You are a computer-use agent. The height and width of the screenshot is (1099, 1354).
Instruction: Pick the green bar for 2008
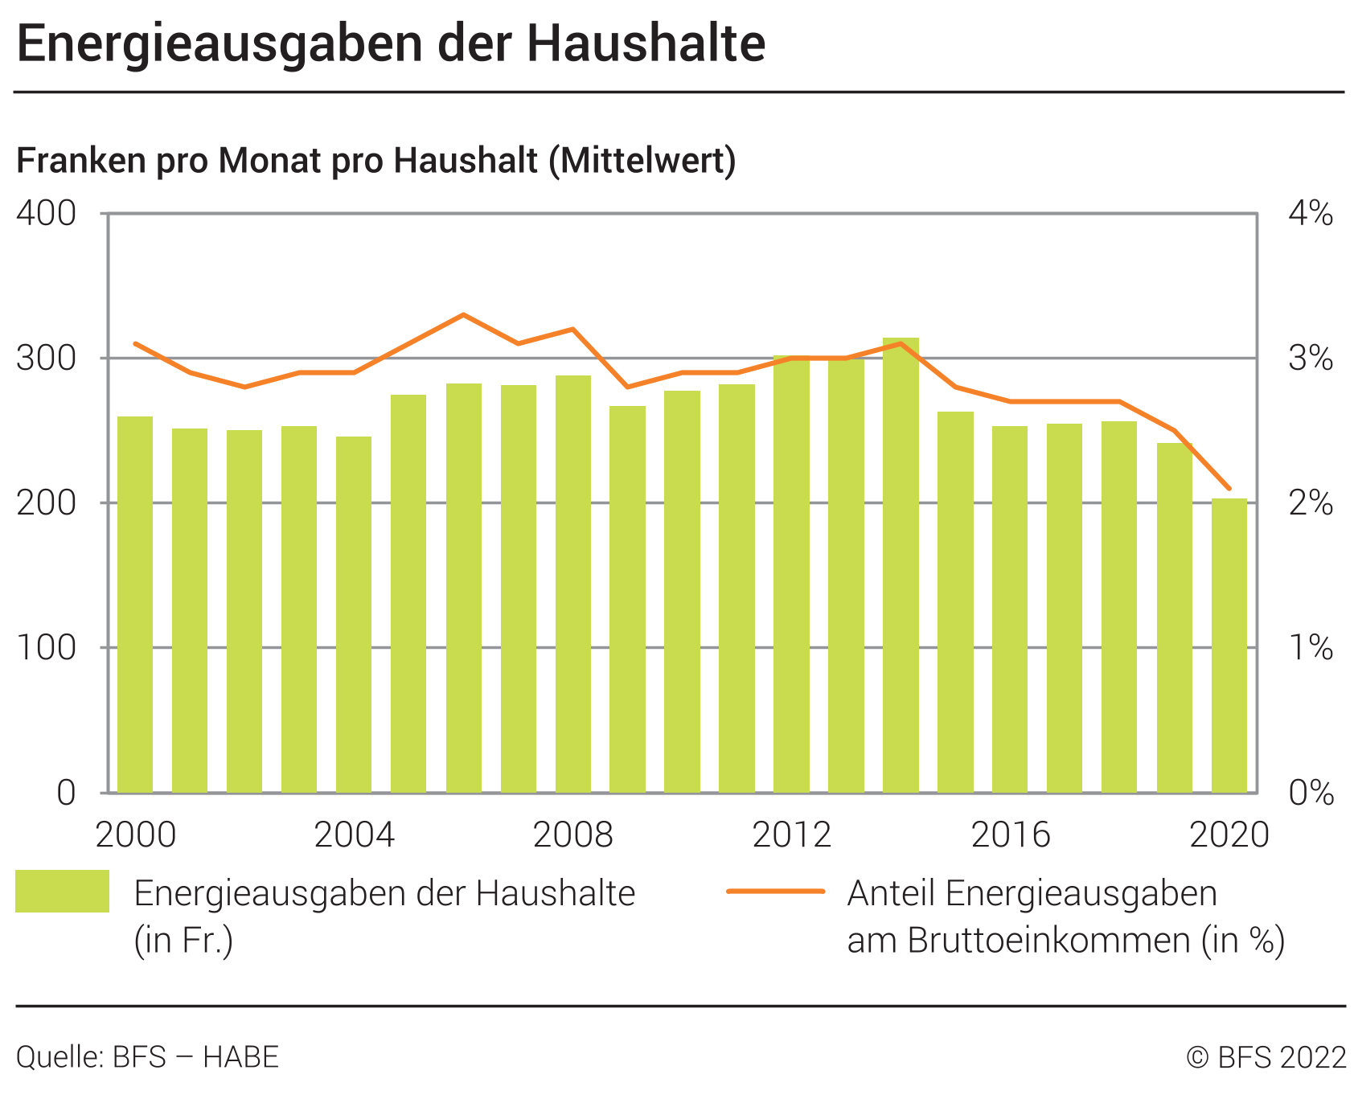[x=572, y=584]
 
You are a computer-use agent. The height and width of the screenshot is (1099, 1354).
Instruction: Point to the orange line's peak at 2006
[x=463, y=314]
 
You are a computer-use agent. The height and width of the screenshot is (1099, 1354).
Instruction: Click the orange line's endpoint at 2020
[x=1229, y=488]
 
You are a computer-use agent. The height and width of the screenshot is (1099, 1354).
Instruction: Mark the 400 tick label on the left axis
[x=47, y=214]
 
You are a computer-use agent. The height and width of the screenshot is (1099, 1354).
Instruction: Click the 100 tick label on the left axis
[x=47, y=648]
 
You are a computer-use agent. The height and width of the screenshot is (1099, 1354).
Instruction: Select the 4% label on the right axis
[x=1310, y=214]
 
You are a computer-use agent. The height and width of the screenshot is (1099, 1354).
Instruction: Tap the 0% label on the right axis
[x=1310, y=793]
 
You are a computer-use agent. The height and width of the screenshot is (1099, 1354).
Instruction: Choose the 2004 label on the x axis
[x=354, y=835]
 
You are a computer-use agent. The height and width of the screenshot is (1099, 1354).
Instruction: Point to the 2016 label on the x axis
[x=1011, y=835]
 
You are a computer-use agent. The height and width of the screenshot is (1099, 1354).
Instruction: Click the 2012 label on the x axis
[x=791, y=835]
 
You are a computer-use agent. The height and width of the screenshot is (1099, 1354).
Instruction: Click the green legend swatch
[x=62, y=891]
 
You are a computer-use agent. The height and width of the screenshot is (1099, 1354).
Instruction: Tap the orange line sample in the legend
[x=776, y=891]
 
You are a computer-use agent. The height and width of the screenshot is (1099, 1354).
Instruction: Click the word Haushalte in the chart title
[x=646, y=44]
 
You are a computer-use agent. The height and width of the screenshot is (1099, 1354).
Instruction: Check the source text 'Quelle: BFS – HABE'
[x=147, y=1057]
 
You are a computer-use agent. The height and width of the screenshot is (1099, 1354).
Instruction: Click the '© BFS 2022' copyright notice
[x=1266, y=1057]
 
